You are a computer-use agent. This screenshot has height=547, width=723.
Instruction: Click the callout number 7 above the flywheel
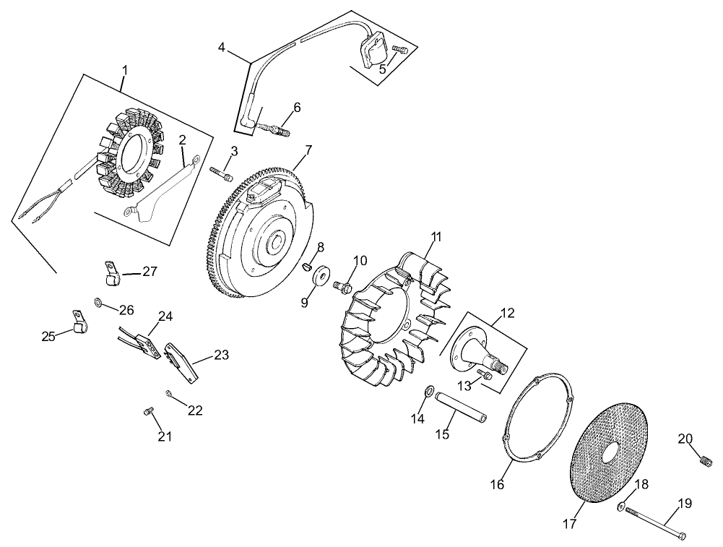point(308,150)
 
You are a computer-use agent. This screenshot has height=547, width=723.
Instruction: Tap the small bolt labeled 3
point(222,173)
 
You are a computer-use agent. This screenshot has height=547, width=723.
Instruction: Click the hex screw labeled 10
point(342,287)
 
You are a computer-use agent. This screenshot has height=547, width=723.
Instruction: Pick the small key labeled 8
point(306,265)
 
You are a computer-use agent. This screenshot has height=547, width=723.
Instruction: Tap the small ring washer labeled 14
point(428,392)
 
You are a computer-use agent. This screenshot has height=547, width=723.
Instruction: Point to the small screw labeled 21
point(148,412)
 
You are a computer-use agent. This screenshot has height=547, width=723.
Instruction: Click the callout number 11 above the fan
point(436,236)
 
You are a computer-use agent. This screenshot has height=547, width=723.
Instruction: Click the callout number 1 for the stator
point(124,70)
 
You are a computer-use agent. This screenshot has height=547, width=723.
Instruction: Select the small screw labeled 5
point(402,49)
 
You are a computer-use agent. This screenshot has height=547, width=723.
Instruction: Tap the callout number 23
point(221,355)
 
